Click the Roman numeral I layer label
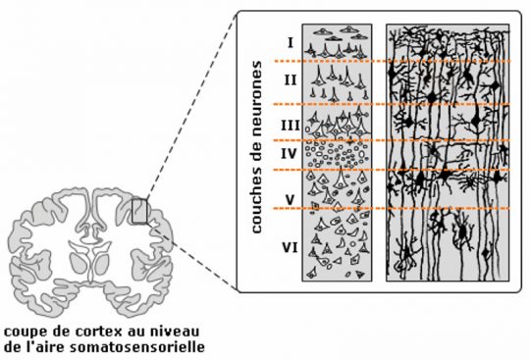[291, 43]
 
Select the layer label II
[291, 80]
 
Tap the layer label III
[291, 126]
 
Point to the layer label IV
[289, 154]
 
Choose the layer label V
[290, 200]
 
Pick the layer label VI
[290, 248]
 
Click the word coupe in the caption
[26, 333]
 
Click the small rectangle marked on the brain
[139, 211]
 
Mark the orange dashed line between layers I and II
[392, 61]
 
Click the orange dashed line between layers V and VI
[392, 208]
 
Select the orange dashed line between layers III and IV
[392, 140]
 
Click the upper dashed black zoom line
[191, 107]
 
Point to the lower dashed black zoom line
[192, 256]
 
